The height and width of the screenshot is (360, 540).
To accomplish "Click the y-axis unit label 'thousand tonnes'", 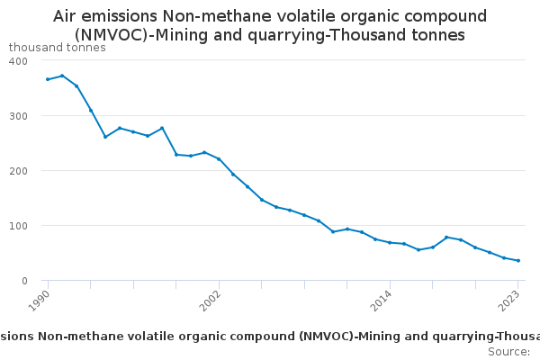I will coord(57,48).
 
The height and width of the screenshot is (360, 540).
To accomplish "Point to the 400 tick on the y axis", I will coord(18,60).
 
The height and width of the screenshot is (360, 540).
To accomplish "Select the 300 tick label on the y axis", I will coord(18,116).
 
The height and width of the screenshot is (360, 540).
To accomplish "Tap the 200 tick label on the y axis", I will coord(18,171).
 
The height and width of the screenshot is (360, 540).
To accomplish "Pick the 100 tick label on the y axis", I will coord(18,226).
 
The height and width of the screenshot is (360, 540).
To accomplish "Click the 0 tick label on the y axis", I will coord(24,281).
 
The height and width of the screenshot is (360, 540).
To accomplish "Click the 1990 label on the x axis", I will coord(40,300).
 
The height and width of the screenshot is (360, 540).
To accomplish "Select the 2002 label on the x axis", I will coord(211,300).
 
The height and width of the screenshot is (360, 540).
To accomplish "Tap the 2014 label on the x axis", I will coord(381,300).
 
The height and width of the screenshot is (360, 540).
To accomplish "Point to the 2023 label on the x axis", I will coord(510,300).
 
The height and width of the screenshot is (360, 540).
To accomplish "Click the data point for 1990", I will coord(48,79).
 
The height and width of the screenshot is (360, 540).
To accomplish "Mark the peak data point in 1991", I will coord(62,76).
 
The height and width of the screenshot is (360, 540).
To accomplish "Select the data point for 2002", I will coord(219,159).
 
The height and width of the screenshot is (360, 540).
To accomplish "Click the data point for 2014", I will coord(390,242).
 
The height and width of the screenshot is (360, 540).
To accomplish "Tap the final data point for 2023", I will coord(518,261).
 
